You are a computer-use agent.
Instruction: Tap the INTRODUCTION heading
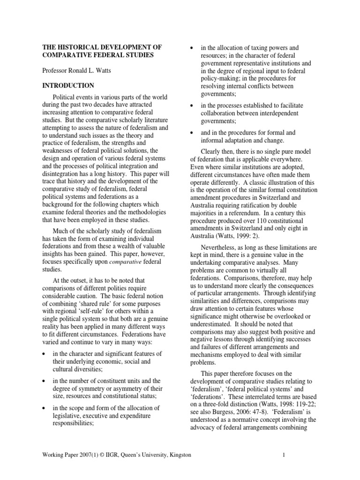68,85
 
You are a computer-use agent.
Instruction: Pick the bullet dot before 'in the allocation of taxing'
191,48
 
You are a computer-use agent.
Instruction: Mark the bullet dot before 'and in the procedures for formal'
191,133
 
